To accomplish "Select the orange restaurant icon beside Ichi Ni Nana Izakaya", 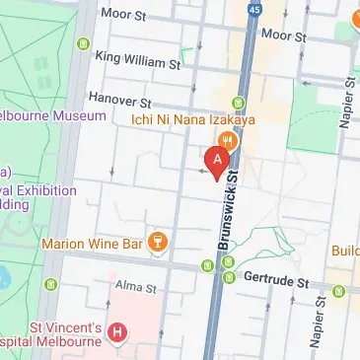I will [x=230, y=139].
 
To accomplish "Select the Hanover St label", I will [x=118, y=102].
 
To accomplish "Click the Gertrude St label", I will [x=272, y=279].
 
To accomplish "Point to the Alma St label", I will [x=137, y=287].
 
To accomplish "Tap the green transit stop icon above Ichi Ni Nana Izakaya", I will [x=237, y=103].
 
